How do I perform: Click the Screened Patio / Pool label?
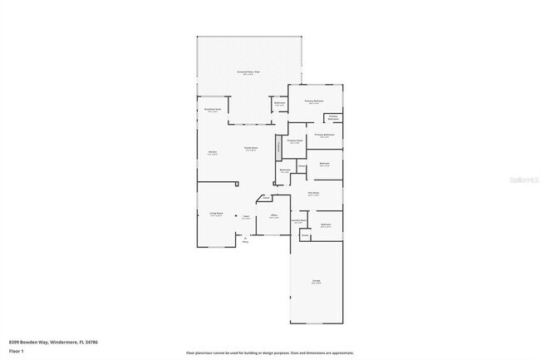pos(248,73)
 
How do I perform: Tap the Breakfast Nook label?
pos(212,109)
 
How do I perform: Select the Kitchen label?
pos(212,152)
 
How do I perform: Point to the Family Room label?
pos(250,149)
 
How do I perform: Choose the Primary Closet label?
pos(295,141)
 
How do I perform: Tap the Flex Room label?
pos(314,194)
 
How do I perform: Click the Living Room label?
pos(216,214)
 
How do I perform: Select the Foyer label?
pos(246,217)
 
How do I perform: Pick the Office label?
pos(273,216)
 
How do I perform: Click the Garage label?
pos(317,281)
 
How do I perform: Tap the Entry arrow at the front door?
pos(245,239)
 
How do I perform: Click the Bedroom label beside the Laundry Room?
pos(326,224)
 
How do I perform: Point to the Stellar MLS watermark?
pos(519,178)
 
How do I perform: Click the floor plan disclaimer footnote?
pos(269,353)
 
